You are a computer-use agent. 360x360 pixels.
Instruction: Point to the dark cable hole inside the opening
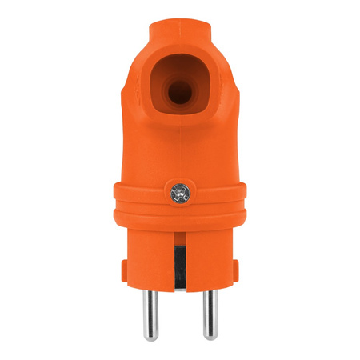click(179, 93)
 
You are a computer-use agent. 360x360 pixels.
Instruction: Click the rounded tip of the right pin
click(209, 336)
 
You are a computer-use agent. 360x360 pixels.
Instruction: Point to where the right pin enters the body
click(209, 290)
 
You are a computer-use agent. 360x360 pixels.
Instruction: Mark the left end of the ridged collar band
click(114, 200)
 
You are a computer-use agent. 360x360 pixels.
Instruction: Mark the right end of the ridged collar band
click(244, 200)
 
